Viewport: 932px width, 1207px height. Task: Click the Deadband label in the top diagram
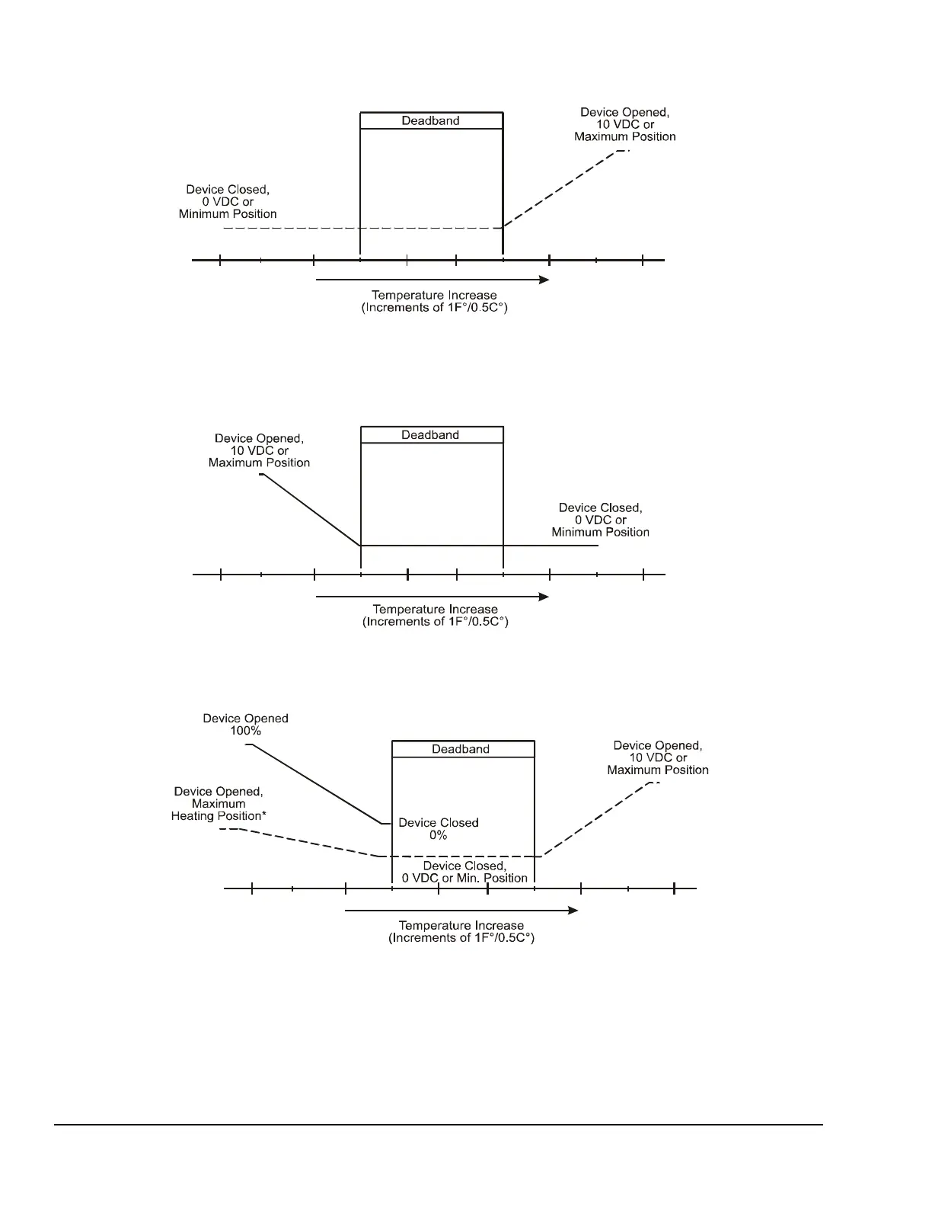[x=431, y=120]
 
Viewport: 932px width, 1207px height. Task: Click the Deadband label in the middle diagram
[x=431, y=435]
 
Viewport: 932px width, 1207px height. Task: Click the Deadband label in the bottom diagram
[x=461, y=749]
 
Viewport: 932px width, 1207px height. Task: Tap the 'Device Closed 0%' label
[x=439, y=829]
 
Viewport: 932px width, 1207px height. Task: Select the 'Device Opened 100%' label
[x=245, y=725]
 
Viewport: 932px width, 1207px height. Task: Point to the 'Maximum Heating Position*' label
[x=219, y=810]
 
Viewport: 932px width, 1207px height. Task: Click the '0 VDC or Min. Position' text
[x=464, y=878]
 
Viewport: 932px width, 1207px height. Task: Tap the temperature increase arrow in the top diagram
[x=432, y=280]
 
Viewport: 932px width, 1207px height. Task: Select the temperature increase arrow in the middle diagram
[x=432, y=597]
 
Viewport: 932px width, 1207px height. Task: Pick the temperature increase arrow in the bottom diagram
[x=461, y=911]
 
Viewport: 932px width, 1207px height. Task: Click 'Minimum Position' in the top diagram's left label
[x=228, y=214]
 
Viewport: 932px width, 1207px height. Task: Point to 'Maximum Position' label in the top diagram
[x=625, y=137]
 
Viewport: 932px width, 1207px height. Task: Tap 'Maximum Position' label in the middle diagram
[x=259, y=463]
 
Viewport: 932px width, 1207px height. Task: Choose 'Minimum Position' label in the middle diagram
[x=601, y=532]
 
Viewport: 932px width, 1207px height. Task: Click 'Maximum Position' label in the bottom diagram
[x=658, y=770]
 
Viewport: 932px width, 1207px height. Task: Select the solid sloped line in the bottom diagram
[x=316, y=784]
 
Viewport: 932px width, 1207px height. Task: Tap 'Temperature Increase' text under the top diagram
[x=434, y=295]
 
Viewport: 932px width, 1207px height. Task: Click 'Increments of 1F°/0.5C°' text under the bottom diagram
[x=461, y=938]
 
